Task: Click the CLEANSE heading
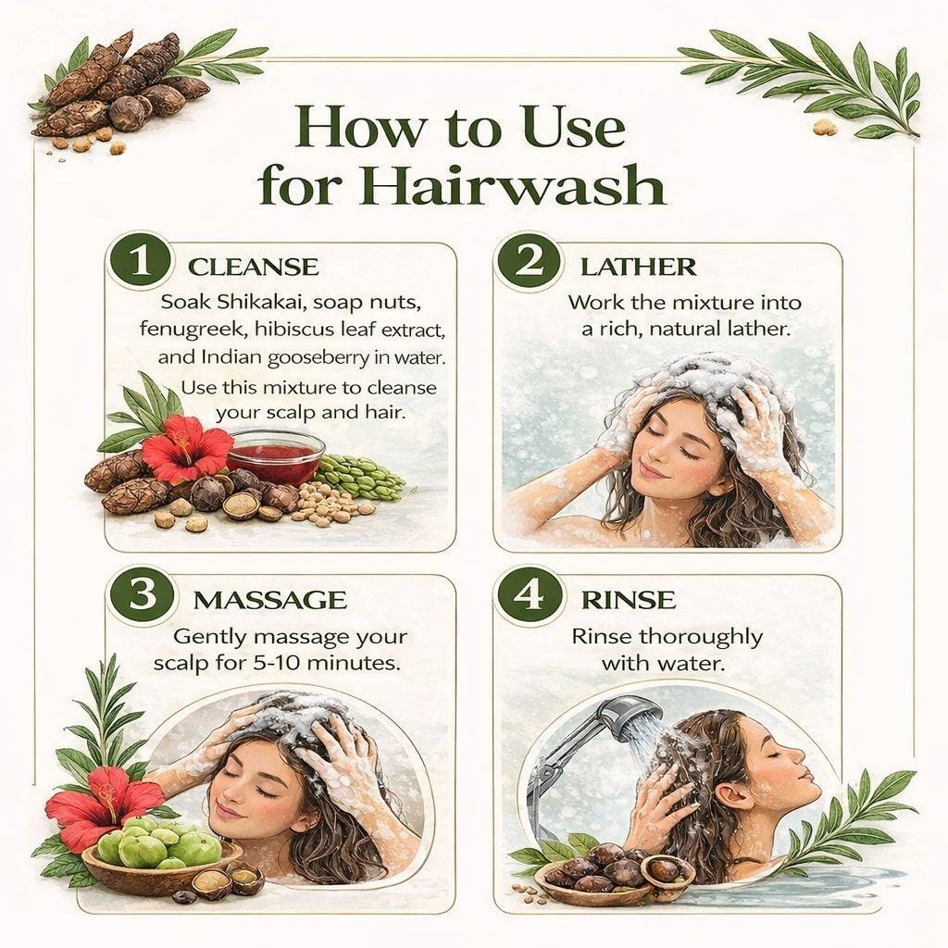(x=254, y=268)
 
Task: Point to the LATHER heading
(x=639, y=268)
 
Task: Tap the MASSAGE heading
(x=270, y=600)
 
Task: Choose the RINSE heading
(x=629, y=600)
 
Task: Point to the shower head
(x=628, y=715)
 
